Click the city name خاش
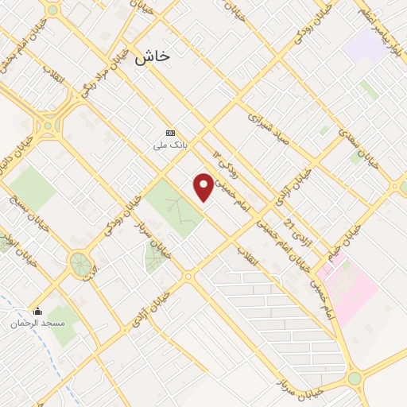[153, 56]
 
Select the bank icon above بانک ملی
[169, 133]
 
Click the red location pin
[203, 187]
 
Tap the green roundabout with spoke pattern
[79, 263]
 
